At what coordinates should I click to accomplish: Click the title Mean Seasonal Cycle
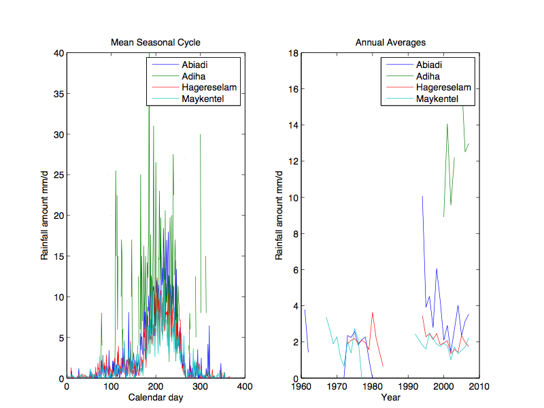(x=156, y=43)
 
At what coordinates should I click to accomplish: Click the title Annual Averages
(x=390, y=43)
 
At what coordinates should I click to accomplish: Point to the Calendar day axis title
(x=156, y=396)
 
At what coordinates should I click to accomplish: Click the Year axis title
(x=390, y=396)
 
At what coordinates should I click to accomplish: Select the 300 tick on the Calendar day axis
(x=201, y=387)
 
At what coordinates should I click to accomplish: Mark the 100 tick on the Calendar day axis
(x=111, y=387)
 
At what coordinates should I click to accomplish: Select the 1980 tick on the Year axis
(x=373, y=387)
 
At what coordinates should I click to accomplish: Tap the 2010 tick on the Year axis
(x=479, y=387)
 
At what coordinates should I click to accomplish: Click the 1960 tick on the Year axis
(x=301, y=387)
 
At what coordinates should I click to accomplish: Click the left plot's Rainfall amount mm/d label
(x=44, y=216)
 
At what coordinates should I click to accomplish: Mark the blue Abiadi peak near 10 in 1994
(x=422, y=197)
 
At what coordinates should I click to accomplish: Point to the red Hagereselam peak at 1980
(x=373, y=313)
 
